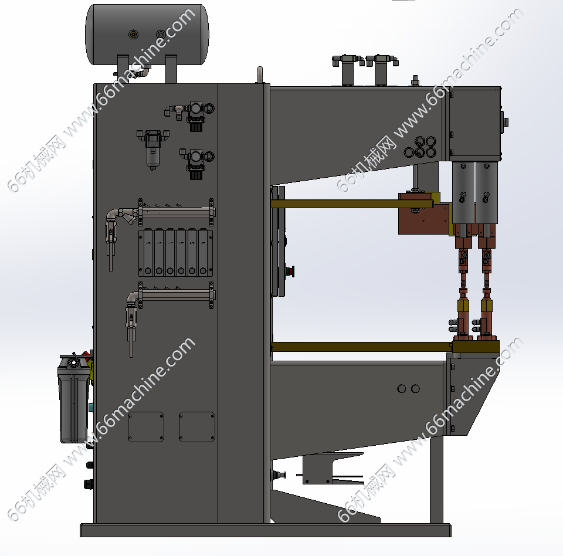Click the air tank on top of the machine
click(x=147, y=35)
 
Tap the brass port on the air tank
click(x=134, y=35)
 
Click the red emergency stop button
click(x=290, y=272)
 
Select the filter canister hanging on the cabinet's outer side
click(x=74, y=398)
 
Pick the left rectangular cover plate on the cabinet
click(x=146, y=427)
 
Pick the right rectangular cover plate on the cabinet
click(x=197, y=427)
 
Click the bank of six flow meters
click(x=175, y=253)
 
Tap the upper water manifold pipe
click(x=176, y=212)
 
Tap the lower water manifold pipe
click(x=177, y=295)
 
